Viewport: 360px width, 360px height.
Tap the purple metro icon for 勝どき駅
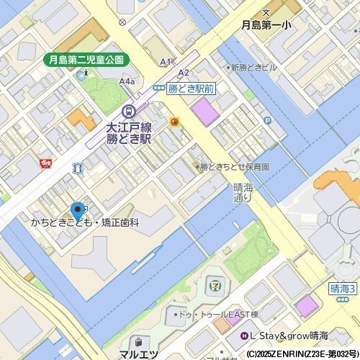coord(128,112)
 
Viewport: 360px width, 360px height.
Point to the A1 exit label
coord(166,63)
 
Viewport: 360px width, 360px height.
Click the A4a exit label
coord(127,82)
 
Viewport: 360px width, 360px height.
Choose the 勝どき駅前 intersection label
coord(190,88)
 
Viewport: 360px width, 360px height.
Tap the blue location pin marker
coord(77,211)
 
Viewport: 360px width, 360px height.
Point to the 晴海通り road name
coord(243,192)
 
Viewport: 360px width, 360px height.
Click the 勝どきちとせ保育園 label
coord(233,166)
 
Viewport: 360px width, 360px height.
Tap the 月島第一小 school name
coord(266,25)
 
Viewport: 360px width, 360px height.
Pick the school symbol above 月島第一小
coord(266,12)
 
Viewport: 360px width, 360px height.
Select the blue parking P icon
coord(267,120)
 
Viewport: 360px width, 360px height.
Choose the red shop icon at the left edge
coord(47,163)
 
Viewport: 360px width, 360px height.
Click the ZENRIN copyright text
coord(302,354)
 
